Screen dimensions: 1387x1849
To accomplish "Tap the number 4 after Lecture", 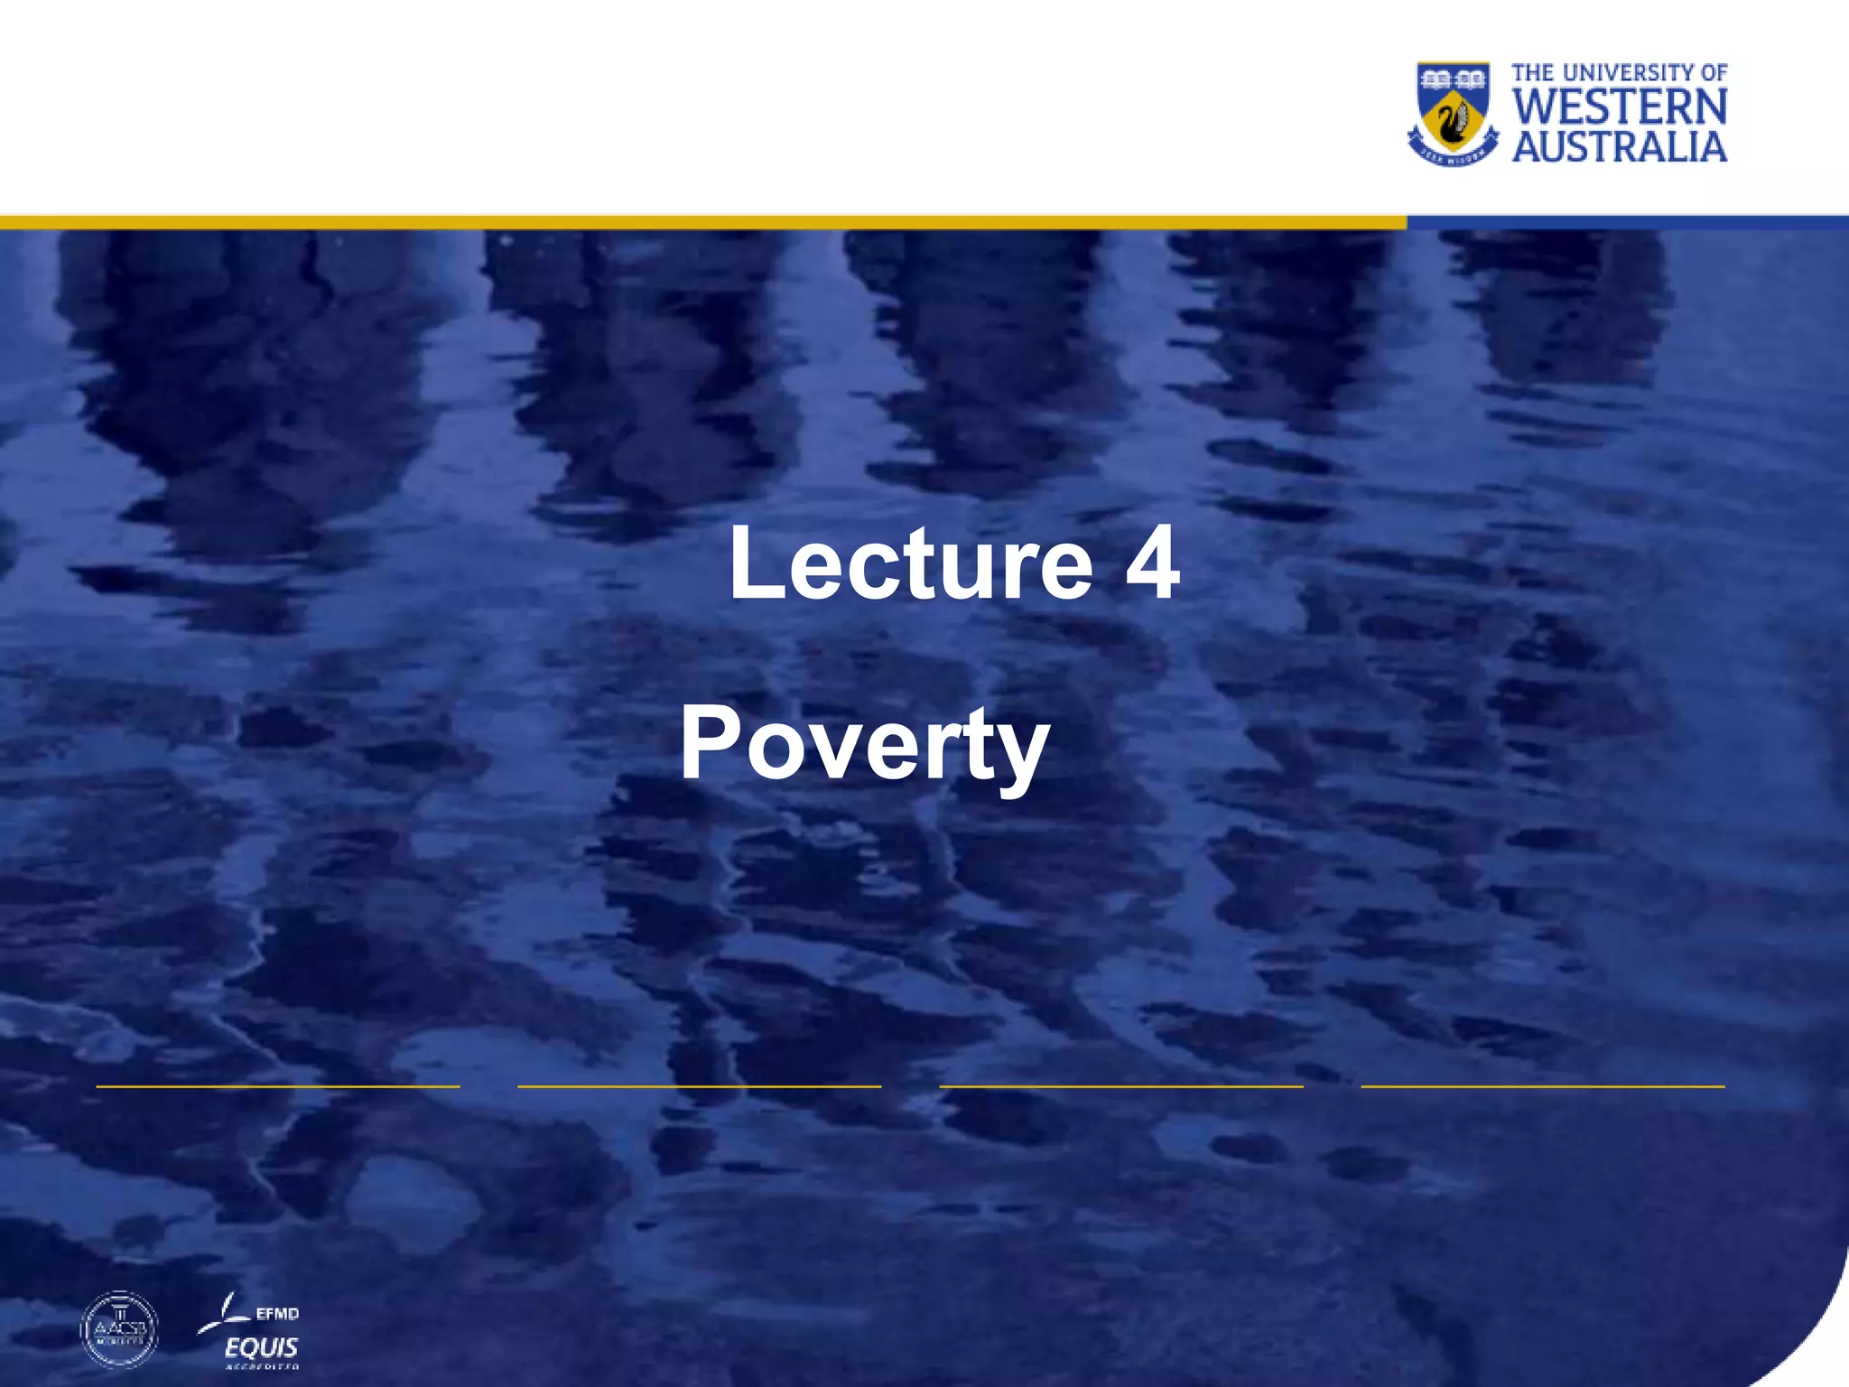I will tap(1152, 563).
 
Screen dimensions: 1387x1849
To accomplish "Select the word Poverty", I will tap(864, 746).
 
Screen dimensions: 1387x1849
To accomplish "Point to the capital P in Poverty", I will tap(710, 742).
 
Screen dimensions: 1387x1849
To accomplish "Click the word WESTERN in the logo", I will tap(1620, 107).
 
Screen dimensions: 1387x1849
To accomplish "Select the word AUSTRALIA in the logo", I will tap(1620, 147).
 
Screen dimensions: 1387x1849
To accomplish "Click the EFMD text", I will tap(276, 1314).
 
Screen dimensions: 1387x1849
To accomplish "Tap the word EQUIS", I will tap(262, 1348).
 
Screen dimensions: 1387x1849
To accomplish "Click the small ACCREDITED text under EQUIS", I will tap(262, 1367).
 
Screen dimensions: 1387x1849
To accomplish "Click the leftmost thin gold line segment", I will tap(278, 1086).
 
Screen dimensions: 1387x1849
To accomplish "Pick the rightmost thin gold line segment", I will tap(1542, 1086).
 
